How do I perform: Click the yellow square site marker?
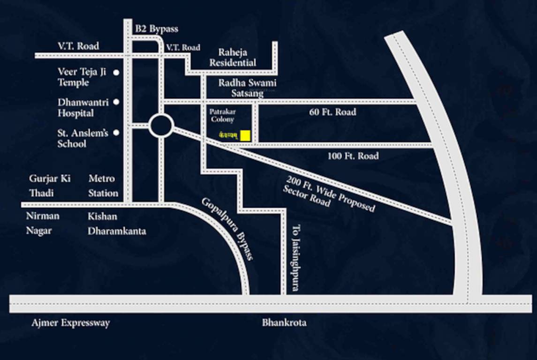245,135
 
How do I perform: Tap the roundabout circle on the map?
161,126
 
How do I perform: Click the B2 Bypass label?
157,29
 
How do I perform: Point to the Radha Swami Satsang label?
247,88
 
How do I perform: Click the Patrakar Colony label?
222,116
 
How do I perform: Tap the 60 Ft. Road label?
333,112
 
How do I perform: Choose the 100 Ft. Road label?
353,156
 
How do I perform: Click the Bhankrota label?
284,322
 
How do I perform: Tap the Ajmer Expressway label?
71,323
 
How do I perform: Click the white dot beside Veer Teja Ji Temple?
116,73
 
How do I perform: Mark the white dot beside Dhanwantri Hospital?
116,102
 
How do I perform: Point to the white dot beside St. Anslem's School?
116,133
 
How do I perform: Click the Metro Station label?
103,186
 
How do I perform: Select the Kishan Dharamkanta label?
117,224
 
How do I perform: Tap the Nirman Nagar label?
43,224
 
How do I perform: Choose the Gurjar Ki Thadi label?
50,186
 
